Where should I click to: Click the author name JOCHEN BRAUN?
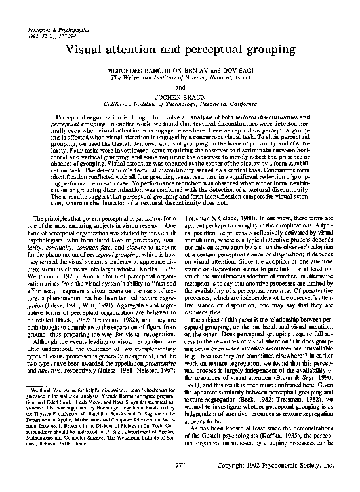180,94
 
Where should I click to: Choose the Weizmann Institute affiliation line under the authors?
180,77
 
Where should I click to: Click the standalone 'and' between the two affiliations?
180,85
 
